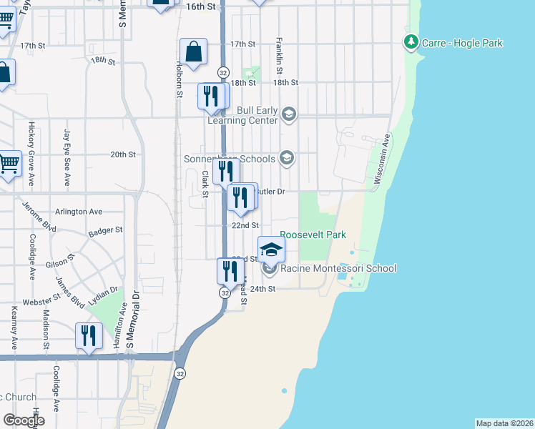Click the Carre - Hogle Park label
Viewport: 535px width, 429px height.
coord(462,44)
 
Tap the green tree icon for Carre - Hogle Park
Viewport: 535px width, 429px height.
coord(411,43)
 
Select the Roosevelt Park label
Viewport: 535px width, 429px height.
coord(313,235)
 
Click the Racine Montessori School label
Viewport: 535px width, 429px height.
coord(338,269)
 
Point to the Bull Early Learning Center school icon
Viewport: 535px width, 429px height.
coord(288,114)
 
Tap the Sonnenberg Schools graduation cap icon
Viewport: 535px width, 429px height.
coord(287,158)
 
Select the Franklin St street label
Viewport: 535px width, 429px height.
coord(278,57)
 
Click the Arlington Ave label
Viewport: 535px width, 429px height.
coord(79,212)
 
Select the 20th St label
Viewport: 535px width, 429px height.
coord(122,154)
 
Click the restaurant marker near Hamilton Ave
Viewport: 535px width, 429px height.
coord(89,335)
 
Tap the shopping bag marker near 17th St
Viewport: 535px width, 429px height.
coord(193,51)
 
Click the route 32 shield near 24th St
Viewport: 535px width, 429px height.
coord(225,293)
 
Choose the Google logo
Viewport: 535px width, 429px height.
coord(24,420)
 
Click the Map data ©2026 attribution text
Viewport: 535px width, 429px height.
coord(504,423)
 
